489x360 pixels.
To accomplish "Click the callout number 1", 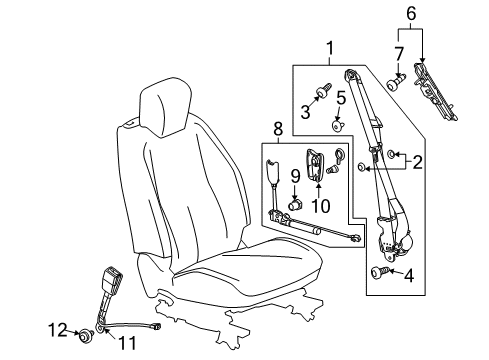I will [327, 46].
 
